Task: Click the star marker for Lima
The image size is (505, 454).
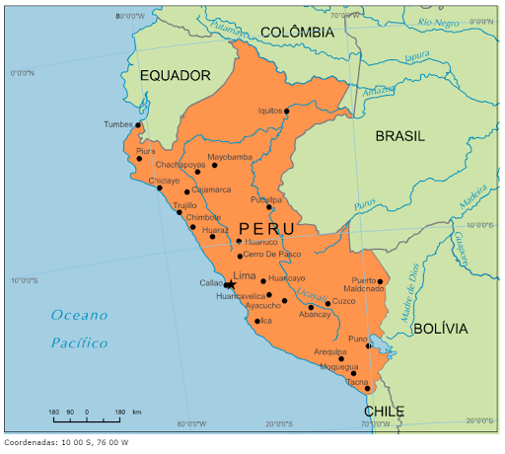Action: click(x=231, y=285)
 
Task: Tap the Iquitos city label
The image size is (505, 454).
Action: click(x=269, y=112)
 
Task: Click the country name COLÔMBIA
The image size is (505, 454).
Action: click(x=297, y=33)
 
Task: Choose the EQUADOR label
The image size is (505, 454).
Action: click(x=175, y=75)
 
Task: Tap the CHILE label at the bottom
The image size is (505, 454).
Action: click(x=384, y=412)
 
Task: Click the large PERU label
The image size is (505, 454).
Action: click(x=265, y=229)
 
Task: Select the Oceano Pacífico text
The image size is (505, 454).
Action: click(x=80, y=329)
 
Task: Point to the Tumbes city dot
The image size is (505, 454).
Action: click(x=139, y=126)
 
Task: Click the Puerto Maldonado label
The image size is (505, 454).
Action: click(x=365, y=284)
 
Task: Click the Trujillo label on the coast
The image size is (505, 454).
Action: click(x=185, y=206)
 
